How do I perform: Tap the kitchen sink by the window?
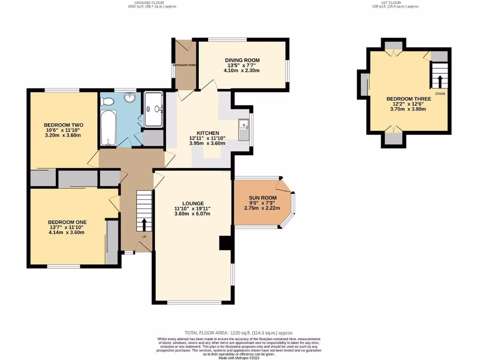[243, 130]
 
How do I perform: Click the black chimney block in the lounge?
[225, 243]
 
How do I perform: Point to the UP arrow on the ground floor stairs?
[144, 224]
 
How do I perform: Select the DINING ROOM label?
[242, 60]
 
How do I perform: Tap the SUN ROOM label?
[263, 197]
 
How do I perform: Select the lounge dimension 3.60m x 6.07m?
[193, 214]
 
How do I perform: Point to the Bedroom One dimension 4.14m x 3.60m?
[67, 232]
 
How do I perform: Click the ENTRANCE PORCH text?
[184, 65]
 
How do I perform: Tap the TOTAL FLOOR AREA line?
[240, 332]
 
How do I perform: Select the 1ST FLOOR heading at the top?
[393, 3]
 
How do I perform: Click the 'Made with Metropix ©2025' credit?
[240, 358]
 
